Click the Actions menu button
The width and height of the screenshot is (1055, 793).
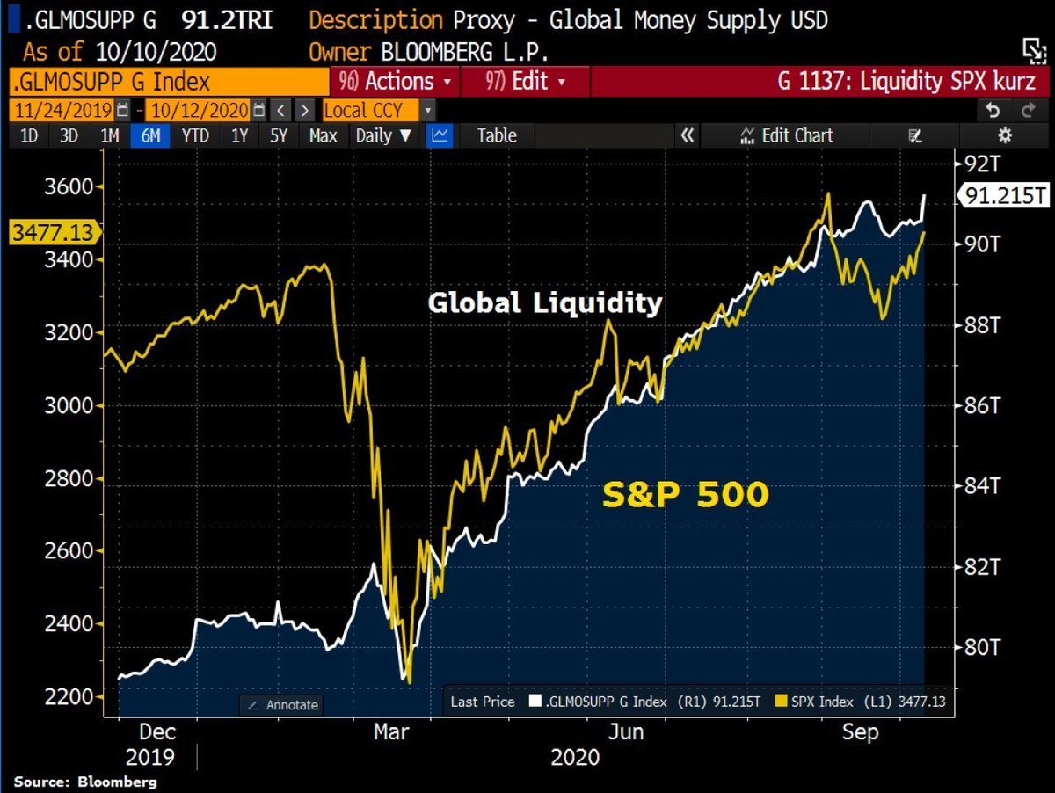396,82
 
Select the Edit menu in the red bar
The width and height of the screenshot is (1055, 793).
525,82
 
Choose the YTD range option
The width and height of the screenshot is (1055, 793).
195,135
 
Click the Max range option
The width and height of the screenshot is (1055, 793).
323,135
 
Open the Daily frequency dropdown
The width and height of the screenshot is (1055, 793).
383,135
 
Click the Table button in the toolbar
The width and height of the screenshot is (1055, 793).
497,135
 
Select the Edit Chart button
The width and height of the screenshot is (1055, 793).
787,135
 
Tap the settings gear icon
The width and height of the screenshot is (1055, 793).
1005,135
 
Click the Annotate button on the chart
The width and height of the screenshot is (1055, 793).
282,705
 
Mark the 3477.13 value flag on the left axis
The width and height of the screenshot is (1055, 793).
52,232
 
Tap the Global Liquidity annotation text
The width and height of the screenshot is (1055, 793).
544,302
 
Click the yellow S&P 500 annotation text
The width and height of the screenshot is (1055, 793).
685,495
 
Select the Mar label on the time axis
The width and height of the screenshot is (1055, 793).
391,731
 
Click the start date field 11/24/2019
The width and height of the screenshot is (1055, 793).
62,111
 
